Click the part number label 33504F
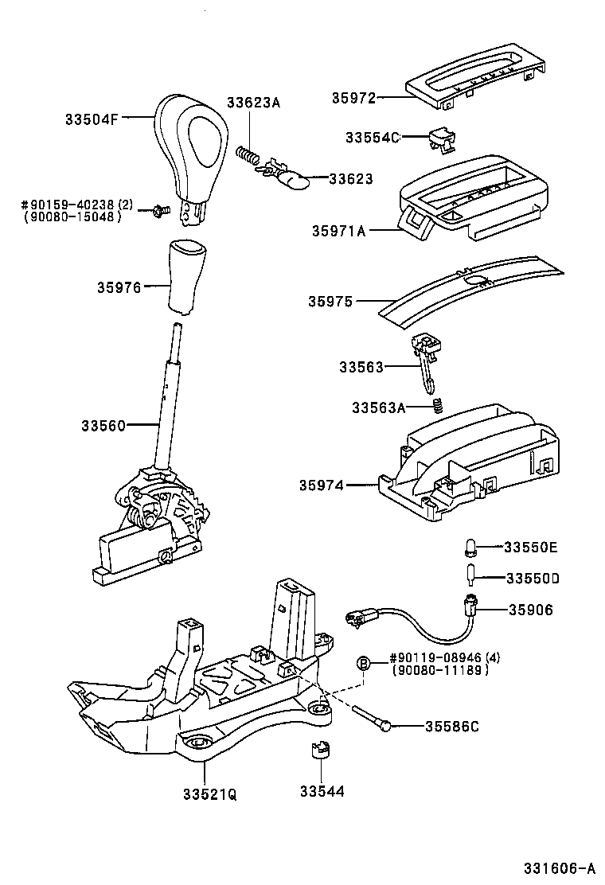[91, 120]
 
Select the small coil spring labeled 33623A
[250, 152]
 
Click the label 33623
[351, 180]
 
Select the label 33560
[103, 426]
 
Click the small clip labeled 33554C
[441, 140]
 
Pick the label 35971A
[339, 232]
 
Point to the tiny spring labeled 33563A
[436, 407]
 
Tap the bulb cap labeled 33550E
[470, 547]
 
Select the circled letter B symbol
[363, 664]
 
